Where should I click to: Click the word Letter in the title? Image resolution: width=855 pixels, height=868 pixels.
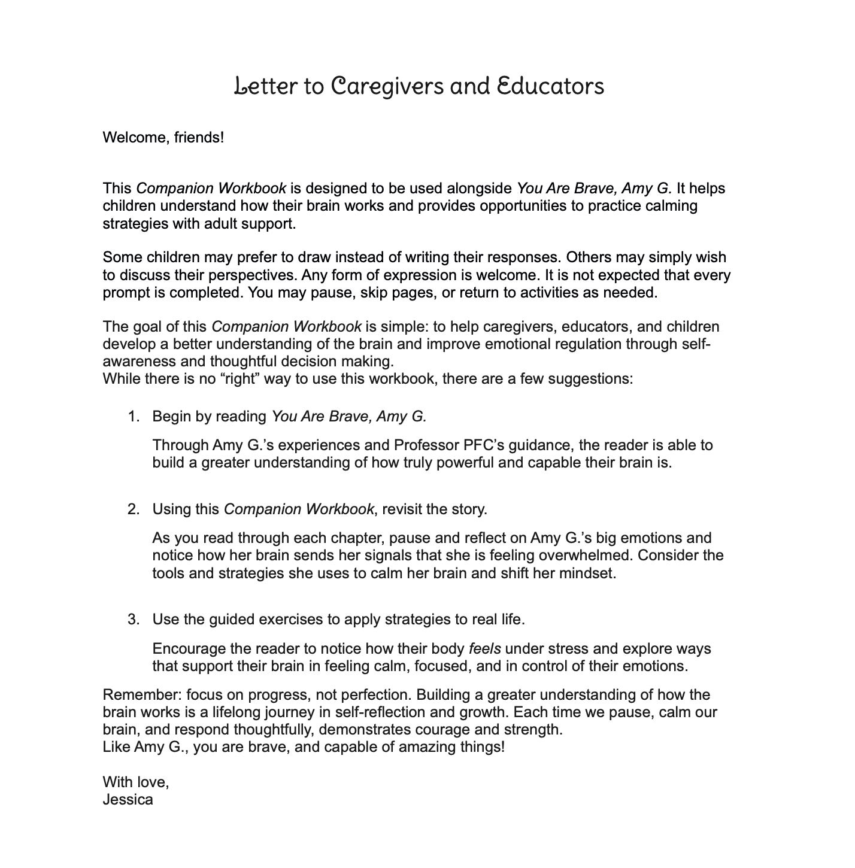tap(263, 86)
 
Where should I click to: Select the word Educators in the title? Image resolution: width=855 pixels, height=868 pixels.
tap(550, 86)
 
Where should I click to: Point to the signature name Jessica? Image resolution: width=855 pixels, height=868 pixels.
tap(128, 799)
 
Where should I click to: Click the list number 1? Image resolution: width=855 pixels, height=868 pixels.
tap(133, 416)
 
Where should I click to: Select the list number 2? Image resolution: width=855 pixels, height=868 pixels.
tap(133, 509)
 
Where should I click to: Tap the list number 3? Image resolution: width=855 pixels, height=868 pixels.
tap(133, 620)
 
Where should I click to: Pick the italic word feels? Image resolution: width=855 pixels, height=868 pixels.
tap(484, 649)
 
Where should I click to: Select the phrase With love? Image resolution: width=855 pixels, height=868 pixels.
tap(135, 782)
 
